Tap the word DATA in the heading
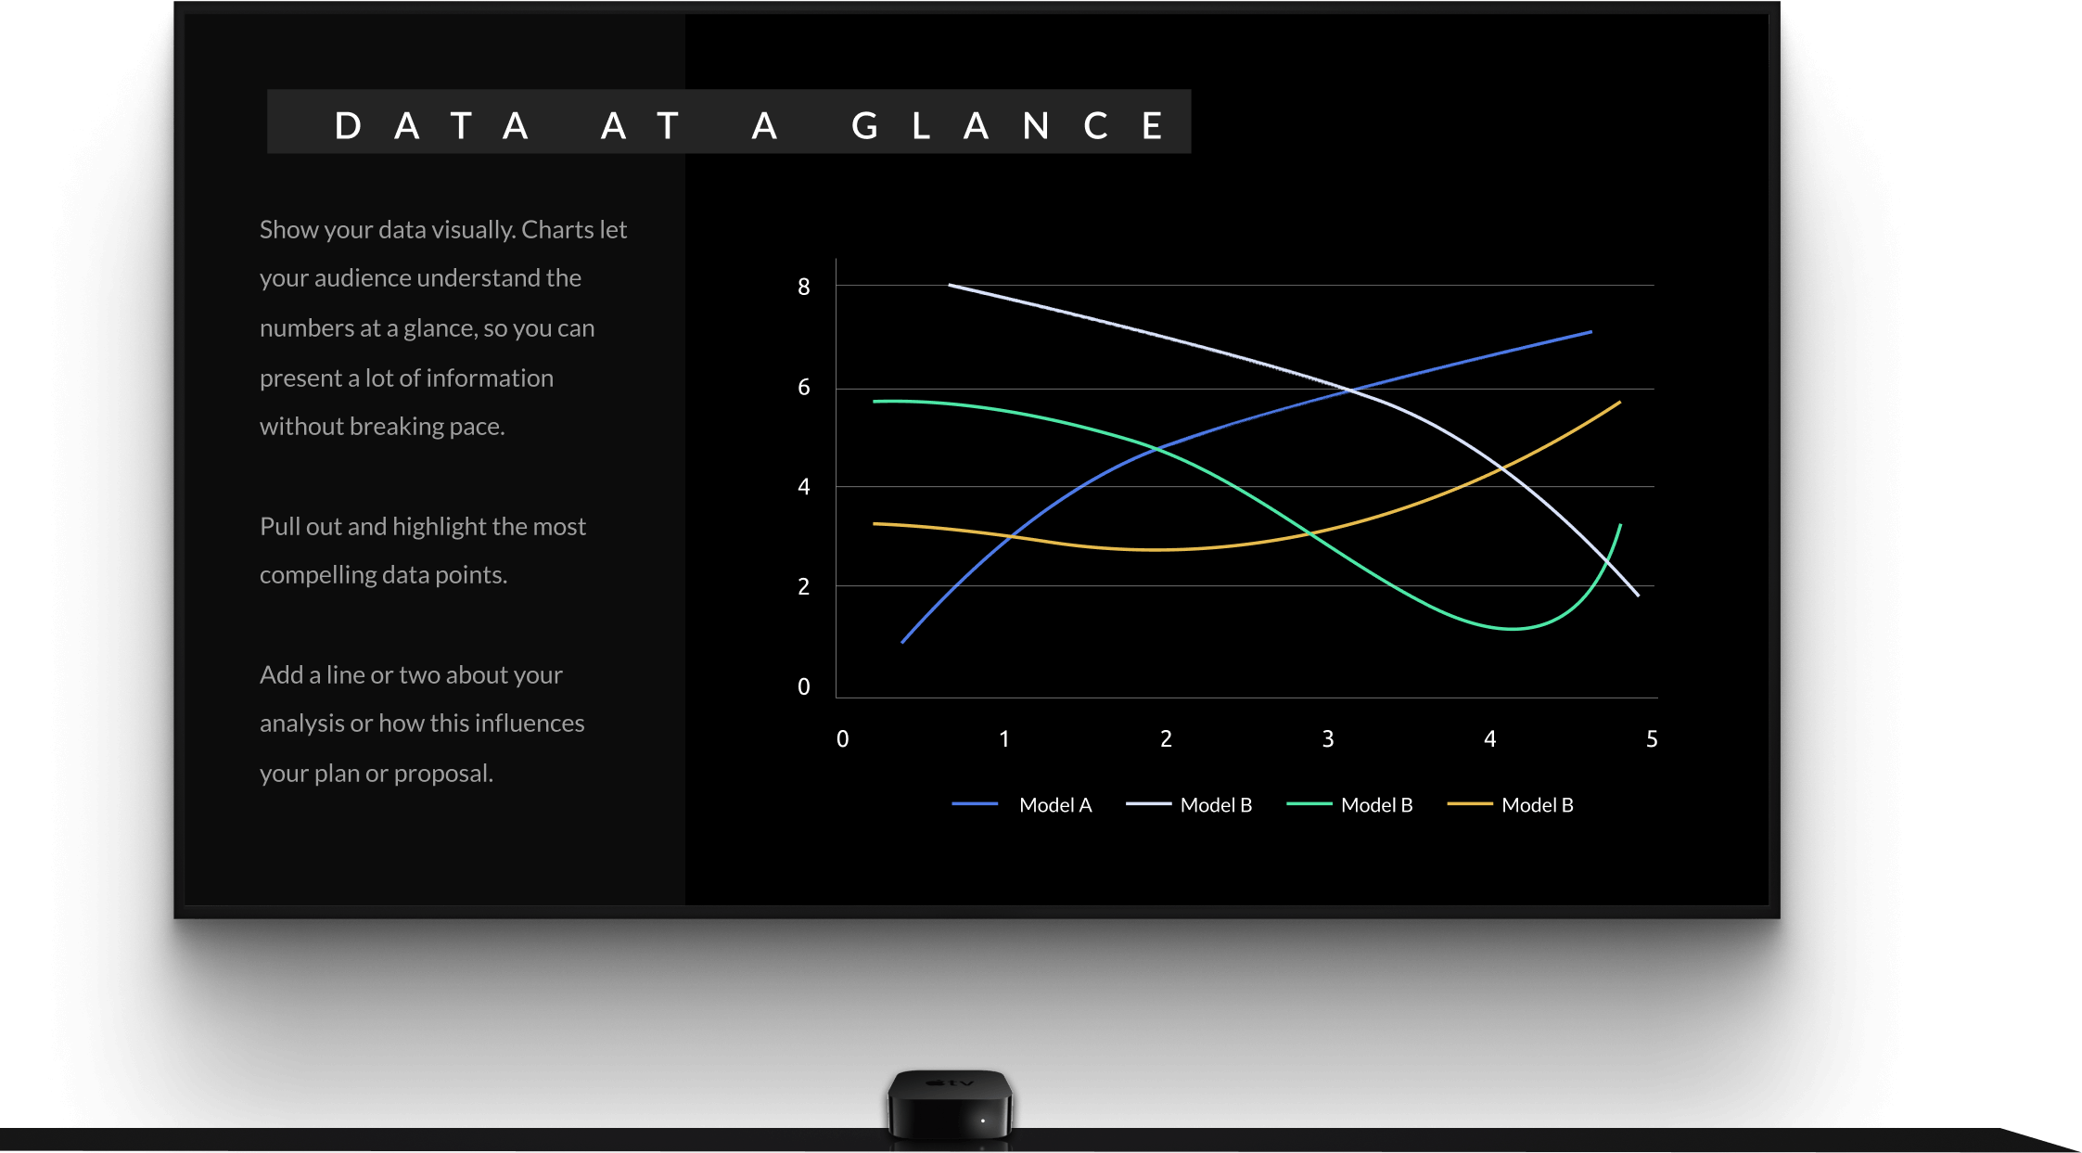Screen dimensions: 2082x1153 click(x=432, y=125)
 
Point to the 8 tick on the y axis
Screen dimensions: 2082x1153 click(x=804, y=288)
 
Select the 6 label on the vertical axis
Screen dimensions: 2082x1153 click(x=804, y=388)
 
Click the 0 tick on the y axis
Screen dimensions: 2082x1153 click(x=804, y=687)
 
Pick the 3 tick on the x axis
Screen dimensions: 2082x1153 click(x=1328, y=739)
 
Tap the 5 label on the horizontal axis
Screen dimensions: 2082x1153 click(x=1652, y=739)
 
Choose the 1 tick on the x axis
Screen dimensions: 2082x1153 click(x=1004, y=739)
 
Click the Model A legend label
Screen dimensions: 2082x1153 click(x=1055, y=805)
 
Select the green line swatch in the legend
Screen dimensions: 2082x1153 click(x=1309, y=804)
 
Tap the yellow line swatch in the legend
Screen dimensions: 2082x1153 click(x=1470, y=804)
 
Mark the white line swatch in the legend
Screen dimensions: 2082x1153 click(x=1149, y=804)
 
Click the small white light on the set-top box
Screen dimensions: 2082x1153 click(x=983, y=1121)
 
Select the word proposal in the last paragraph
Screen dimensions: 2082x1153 click(x=443, y=774)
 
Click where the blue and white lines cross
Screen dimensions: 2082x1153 click(x=1350, y=391)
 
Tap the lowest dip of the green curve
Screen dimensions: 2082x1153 click(x=1512, y=629)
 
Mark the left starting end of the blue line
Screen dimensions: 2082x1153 click(x=902, y=642)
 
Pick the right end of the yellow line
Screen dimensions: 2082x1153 click(x=1620, y=402)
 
